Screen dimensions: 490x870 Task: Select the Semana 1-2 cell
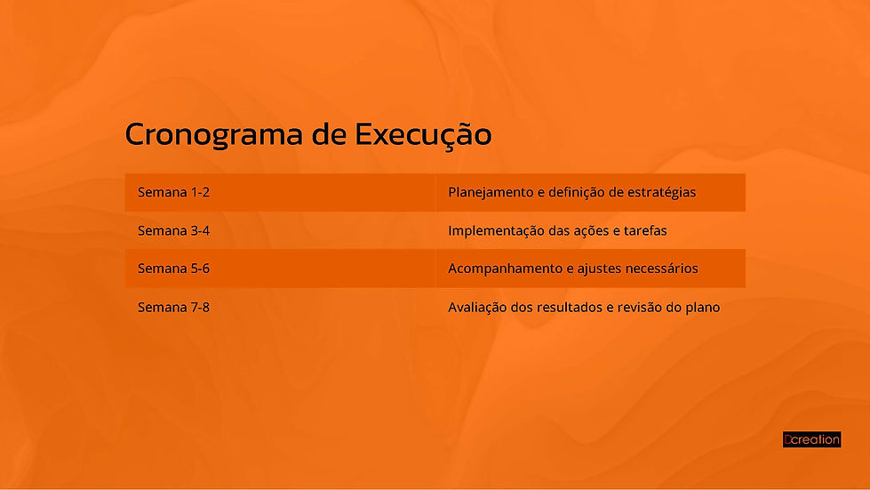pyautogui.click(x=173, y=192)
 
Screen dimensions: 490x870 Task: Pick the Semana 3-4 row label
pyautogui.click(x=173, y=230)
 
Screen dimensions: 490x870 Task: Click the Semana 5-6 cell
pyautogui.click(x=173, y=269)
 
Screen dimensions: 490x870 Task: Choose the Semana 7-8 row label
pyautogui.click(x=173, y=307)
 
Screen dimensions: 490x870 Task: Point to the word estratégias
pyautogui.click(x=659, y=192)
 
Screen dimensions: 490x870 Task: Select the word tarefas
pyautogui.click(x=646, y=230)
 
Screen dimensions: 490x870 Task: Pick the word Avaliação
pyautogui.click(x=477, y=307)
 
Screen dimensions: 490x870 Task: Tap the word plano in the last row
pyautogui.click(x=701, y=307)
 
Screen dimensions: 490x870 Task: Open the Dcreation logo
pyautogui.click(x=811, y=439)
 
